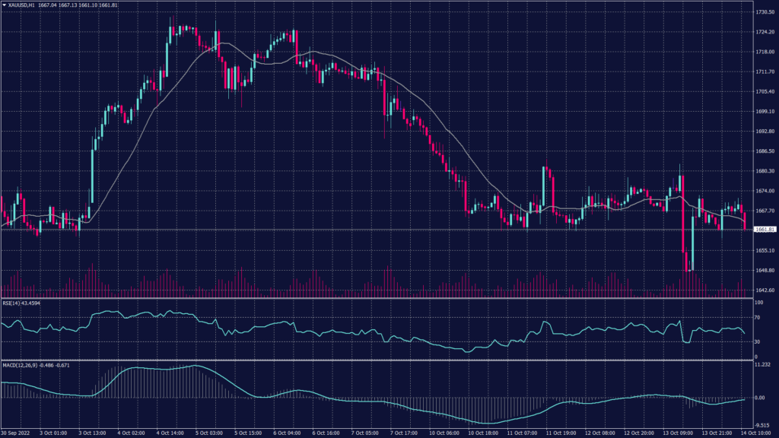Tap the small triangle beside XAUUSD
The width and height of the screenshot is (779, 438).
coord(5,5)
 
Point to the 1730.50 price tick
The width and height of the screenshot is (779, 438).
coord(765,13)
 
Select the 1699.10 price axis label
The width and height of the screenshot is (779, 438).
coord(765,112)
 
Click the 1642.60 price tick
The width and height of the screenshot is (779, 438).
coord(765,290)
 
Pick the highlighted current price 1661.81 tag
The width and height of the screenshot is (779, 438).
coord(765,229)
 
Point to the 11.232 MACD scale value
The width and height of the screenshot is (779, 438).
coord(763,366)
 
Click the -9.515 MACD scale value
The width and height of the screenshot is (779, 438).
coord(763,425)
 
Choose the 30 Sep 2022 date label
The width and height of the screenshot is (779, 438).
coord(15,433)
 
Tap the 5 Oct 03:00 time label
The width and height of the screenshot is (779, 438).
coord(208,433)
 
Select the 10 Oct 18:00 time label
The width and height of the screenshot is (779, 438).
coord(482,433)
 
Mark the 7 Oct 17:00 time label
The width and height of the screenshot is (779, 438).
coord(403,433)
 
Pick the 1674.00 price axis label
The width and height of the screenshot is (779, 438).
coord(765,191)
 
